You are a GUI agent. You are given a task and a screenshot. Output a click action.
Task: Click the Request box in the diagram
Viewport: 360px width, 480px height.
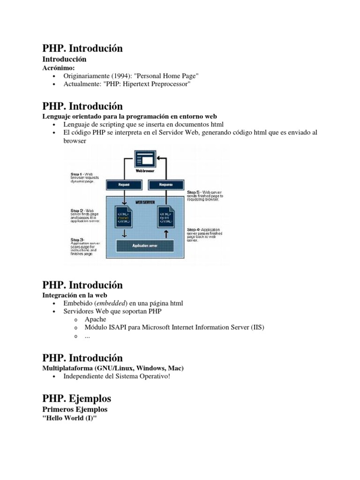coord(125,185)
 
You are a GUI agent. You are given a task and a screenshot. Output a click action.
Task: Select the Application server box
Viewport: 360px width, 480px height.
coord(144,245)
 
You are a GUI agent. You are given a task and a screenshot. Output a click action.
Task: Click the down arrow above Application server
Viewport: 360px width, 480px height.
coord(125,232)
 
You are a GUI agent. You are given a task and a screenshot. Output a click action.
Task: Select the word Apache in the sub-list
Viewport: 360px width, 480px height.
coord(95,319)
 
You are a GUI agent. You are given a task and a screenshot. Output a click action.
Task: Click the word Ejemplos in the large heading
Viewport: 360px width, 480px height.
coord(90,398)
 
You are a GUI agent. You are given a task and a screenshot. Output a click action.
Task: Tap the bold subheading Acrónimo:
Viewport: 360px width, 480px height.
coord(59,67)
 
